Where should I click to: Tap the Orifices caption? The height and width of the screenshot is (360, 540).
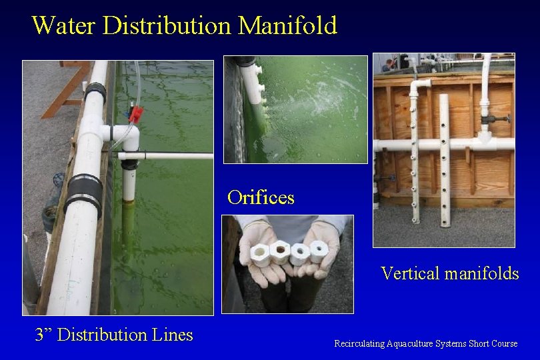point(260,197)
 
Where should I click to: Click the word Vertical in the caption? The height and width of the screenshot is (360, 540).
point(410,273)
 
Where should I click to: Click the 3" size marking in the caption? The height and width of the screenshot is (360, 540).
point(43,335)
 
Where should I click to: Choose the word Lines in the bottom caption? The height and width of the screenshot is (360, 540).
point(173,335)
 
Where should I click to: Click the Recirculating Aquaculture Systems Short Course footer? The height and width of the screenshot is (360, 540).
point(425,343)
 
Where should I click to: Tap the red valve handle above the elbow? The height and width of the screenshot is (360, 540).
point(136,114)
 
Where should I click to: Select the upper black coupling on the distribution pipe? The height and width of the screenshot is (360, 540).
point(95,93)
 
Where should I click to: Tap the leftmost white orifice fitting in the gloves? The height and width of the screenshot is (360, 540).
point(260,255)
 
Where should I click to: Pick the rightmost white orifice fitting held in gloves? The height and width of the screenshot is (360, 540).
point(319,251)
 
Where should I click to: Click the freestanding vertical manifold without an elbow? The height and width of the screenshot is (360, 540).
point(444,160)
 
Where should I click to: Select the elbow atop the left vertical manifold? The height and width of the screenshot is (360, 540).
point(419,87)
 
